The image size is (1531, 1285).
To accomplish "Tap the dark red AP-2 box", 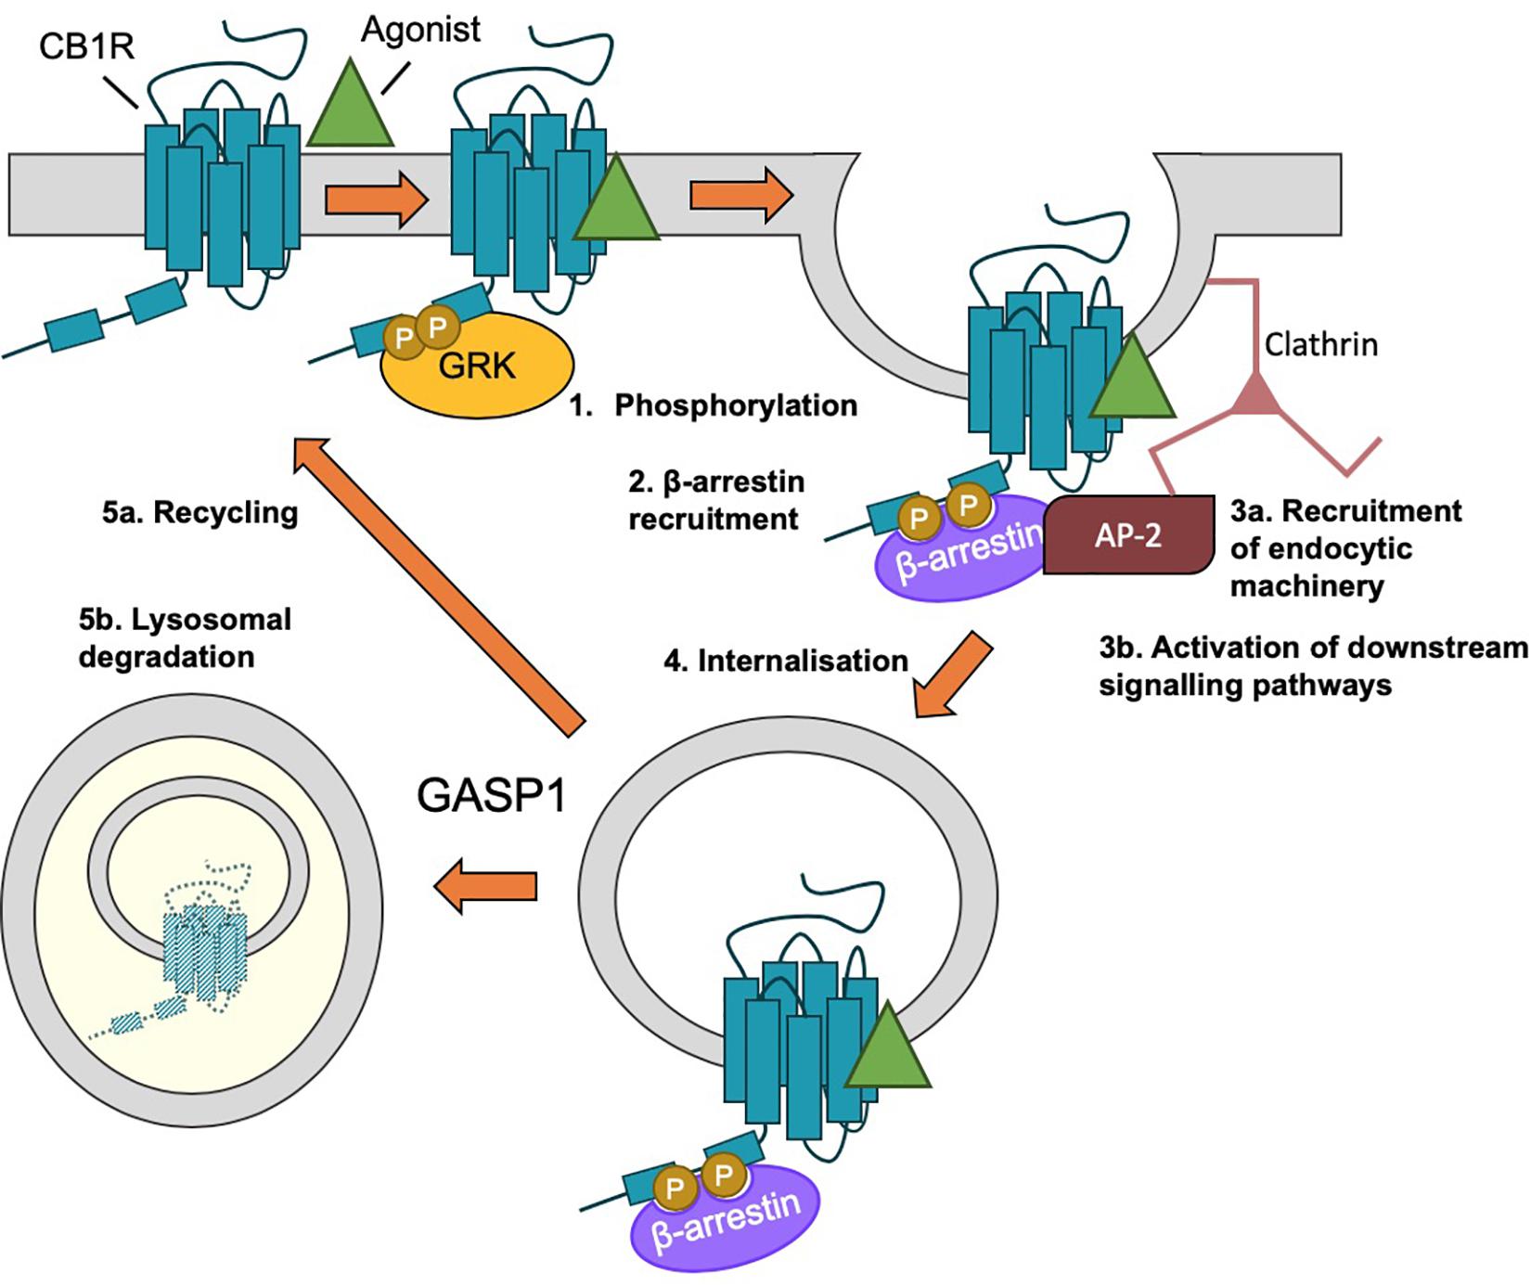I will coord(1128,535).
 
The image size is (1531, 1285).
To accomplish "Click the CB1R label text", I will coord(86,45).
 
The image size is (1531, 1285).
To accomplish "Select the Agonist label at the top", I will coord(421,30).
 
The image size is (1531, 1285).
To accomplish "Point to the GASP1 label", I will coord(491,796).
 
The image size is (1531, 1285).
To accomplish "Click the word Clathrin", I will coord(1320,345).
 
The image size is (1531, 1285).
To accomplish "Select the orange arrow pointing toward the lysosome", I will coord(486,886).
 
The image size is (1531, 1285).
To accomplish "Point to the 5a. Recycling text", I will coord(200,513).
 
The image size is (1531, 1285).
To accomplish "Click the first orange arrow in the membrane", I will coord(376,197).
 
